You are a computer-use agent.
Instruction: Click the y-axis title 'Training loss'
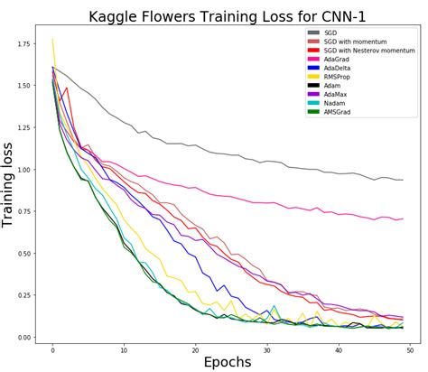11,186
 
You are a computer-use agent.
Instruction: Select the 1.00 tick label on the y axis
33,170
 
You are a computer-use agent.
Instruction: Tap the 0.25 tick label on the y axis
33,295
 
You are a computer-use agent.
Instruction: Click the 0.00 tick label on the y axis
33,338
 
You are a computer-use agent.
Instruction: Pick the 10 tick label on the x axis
124,347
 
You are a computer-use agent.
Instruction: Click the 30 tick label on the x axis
266,347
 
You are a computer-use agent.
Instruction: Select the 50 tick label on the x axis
408,347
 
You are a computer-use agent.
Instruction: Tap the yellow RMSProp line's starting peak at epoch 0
53,39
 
